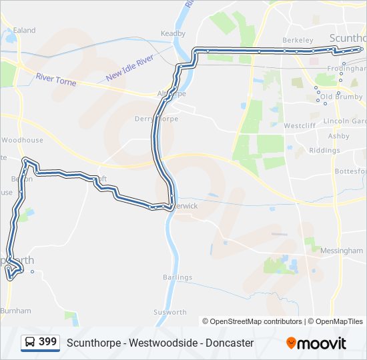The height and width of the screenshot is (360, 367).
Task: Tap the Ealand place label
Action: [x=25, y=31]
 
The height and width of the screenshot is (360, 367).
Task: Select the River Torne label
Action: [x=56, y=80]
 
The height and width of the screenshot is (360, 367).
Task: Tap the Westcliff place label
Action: [x=299, y=125]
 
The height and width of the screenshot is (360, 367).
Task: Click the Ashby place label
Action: [x=338, y=136]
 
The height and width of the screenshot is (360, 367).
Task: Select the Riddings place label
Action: [x=324, y=151]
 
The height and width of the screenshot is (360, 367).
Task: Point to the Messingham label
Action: [x=341, y=251]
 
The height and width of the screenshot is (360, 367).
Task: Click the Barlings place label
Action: [x=177, y=277]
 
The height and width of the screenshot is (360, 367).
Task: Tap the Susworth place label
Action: [x=170, y=312]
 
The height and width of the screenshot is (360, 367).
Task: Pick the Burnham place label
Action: [x=15, y=311]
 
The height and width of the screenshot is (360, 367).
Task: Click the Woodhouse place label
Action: [x=22, y=140]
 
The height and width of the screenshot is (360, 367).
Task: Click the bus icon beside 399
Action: [x=31, y=343]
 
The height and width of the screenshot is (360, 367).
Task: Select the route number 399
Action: [x=48, y=342]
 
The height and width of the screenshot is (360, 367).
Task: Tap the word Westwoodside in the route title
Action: [x=151, y=343]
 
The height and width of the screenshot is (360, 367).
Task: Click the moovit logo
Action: [x=316, y=343]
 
